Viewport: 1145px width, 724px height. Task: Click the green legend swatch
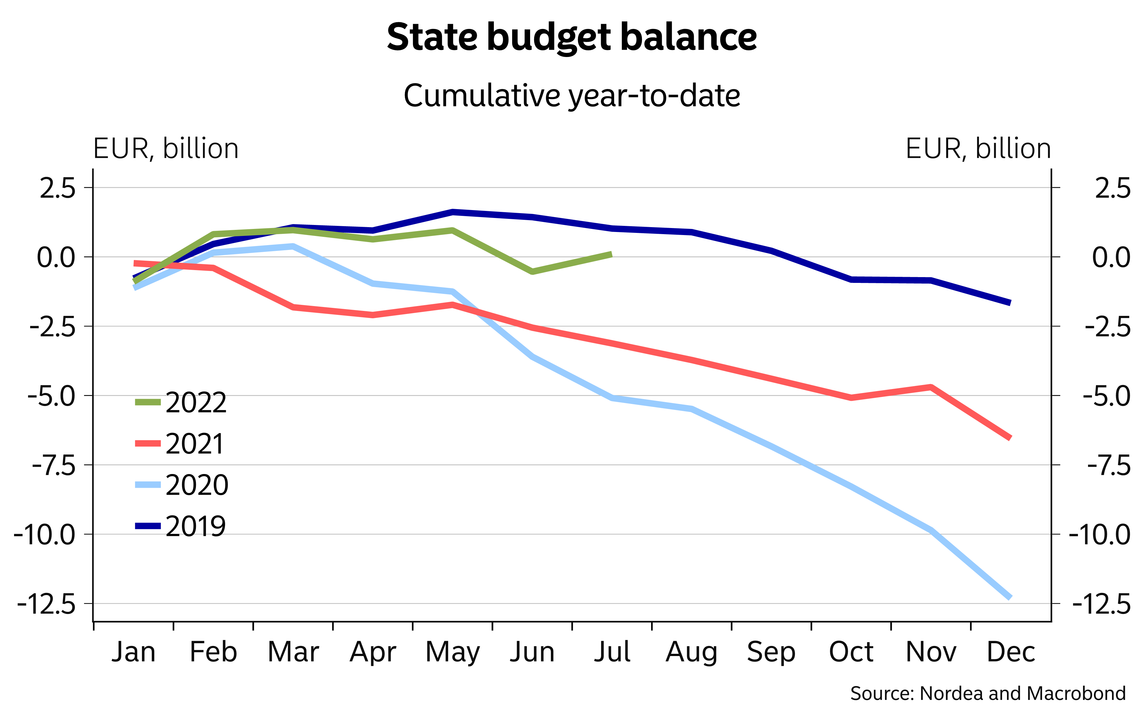(148, 402)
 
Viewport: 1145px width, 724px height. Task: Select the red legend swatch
(148, 443)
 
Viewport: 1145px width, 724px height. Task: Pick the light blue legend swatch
(148, 485)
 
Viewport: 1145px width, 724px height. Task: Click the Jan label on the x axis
(134, 652)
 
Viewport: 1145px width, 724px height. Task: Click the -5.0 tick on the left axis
(51, 397)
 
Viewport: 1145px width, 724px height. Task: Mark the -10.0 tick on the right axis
(1099, 536)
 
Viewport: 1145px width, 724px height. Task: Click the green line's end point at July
(611, 255)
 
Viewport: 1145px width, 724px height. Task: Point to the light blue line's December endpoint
(1010, 597)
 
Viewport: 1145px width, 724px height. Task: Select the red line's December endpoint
(1010, 438)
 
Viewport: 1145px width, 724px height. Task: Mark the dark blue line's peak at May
(453, 212)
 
